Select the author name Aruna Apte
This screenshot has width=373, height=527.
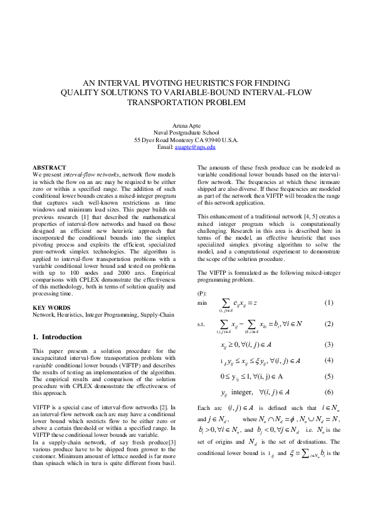coord(186,126)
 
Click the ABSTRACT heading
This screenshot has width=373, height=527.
coord(49,168)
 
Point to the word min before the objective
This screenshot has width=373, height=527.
coord(202,303)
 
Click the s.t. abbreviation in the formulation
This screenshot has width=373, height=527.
coord(201,324)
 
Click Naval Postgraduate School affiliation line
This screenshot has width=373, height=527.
coord(186,133)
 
